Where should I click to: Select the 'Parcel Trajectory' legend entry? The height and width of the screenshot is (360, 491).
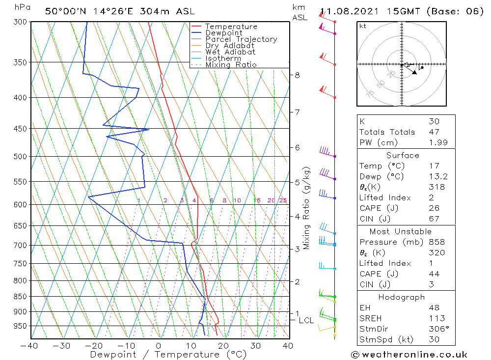[x=241, y=39]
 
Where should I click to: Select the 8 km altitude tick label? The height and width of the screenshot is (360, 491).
[x=297, y=75]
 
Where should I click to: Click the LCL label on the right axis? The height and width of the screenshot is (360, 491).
[x=306, y=321]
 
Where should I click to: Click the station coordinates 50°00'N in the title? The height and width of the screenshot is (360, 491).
[x=64, y=11]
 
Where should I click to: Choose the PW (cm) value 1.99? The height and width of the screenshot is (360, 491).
[x=434, y=142]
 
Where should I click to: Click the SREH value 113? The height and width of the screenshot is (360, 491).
[x=434, y=318]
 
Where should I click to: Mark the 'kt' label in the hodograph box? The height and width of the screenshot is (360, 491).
[x=363, y=26]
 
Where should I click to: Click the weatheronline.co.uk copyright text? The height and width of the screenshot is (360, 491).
[x=409, y=355]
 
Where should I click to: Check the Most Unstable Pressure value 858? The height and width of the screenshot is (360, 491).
[x=434, y=242]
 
